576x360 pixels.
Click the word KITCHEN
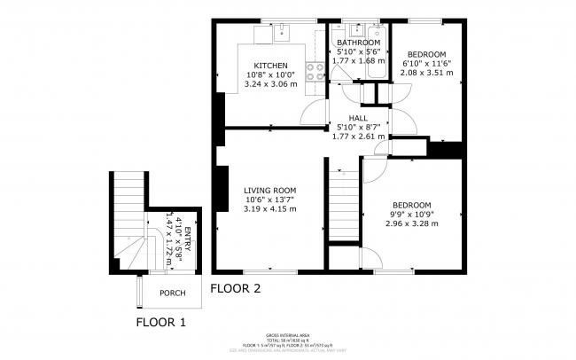pyautogui.click(x=270, y=66)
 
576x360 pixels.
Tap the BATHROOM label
pyautogui.click(x=358, y=43)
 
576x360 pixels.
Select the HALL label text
pyautogui.click(x=358, y=117)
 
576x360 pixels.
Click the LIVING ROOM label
pyautogui.click(x=270, y=190)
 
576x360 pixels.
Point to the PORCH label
pyautogui.click(x=172, y=293)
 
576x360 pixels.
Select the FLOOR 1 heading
pyautogui.click(x=160, y=322)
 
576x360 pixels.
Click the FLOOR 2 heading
pyautogui.click(x=235, y=288)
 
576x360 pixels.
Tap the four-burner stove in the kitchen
pyautogui.click(x=315, y=72)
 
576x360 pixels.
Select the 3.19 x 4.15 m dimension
pyautogui.click(x=270, y=209)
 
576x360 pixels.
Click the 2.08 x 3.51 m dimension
pyautogui.click(x=427, y=74)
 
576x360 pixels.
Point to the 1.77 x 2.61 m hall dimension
pyautogui.click(x=358, y=137)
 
